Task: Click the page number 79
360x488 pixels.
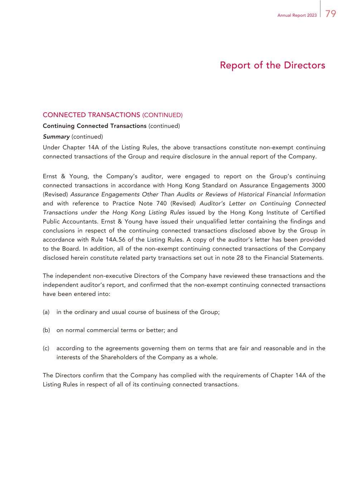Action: [x=331, y=14]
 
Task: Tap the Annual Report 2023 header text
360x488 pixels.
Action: [x=297, y=16]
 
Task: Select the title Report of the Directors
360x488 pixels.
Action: [x=272, y=65]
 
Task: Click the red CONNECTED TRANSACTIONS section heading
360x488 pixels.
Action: [x=91, y=115]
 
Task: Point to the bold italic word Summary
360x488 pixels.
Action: [x=56, y=137]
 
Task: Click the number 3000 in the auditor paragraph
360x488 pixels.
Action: [x=317, y=185]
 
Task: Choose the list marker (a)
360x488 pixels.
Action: [x=46, y=312]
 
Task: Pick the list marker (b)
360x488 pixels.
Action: [x=46, y=330]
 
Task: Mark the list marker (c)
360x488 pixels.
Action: [x=46, y=348]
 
